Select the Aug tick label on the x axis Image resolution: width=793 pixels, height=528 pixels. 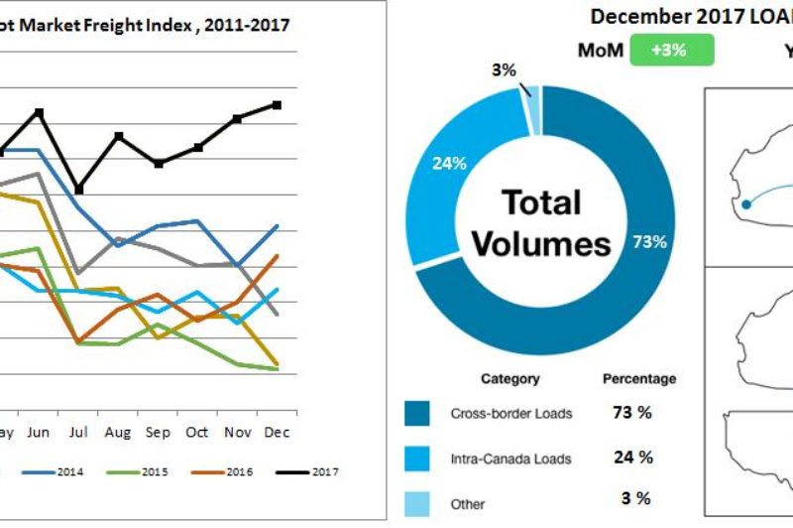click(x=118, y=433)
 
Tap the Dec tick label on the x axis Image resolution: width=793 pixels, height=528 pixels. click(x=277, y=433)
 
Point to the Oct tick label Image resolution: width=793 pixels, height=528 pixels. click(x=198, y=433)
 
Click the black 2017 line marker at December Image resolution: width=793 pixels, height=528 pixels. click(x=277, y=104)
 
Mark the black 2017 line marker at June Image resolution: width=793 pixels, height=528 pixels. click(x=40, y=112)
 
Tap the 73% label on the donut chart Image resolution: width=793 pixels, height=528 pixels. click(x=648, y=242)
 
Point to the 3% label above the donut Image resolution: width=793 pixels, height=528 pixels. click(x=504, y=69)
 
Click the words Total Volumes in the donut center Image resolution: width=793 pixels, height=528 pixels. click(x=541, y=223)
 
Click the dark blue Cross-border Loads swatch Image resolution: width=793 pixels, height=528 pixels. click(x=417, y=414)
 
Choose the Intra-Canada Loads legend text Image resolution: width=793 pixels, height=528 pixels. click(x=510, y=458)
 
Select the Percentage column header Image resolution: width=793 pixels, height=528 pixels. click(x=639, y=379)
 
